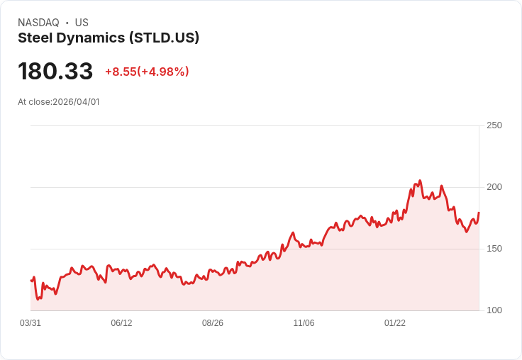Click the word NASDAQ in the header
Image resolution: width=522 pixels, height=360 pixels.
[38, 23]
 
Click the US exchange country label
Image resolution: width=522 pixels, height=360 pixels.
[82, 23]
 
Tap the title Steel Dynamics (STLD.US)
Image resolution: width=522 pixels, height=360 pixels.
[109, 38]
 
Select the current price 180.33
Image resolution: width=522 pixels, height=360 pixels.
[55, 72]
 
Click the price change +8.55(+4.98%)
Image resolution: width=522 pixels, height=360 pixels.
[147, 72]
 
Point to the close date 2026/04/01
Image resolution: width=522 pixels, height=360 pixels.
[76, 102]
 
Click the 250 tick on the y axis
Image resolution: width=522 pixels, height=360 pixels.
[494, 125]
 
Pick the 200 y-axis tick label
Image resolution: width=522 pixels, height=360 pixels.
[494, 187]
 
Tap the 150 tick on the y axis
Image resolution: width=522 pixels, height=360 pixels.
[494, 249]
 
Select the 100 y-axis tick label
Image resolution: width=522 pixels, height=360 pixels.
[494, 310]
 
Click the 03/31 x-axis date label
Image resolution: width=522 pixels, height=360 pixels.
[30, 323]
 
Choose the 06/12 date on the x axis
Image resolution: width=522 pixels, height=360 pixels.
[121, 323]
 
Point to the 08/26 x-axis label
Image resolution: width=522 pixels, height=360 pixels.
[213, 323]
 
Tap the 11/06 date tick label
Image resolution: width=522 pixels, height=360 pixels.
[304, 323]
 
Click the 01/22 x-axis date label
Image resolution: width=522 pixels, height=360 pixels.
[395, 323]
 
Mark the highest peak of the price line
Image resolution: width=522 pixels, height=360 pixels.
[420, 181]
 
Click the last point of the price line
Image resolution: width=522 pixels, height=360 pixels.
[479, 213]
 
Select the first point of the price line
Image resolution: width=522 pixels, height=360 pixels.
[31, 281]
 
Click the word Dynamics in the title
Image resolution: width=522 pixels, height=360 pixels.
[89, 38]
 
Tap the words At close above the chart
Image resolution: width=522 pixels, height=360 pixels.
[34, 102]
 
